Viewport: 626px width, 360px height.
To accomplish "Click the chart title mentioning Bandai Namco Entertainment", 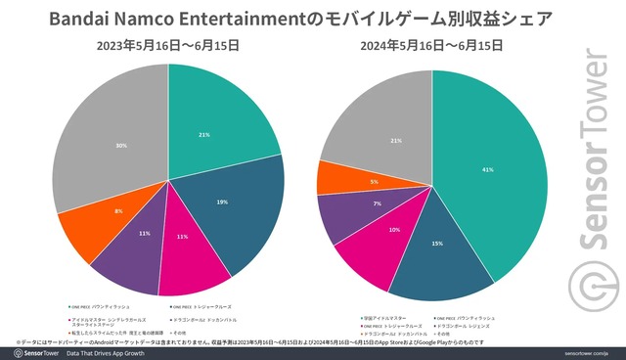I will [x=312, y=18].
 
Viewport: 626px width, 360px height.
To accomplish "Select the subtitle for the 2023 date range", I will [x=168, y=46].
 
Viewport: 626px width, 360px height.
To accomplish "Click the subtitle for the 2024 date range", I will [x=432, y=46].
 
